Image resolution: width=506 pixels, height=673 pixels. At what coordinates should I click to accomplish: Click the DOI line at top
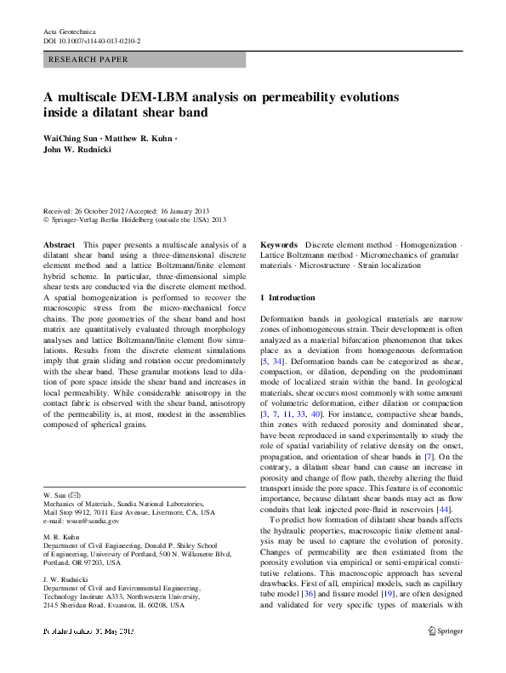pos(91,40)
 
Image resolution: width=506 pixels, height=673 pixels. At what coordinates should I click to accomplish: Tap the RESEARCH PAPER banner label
pos(89,60)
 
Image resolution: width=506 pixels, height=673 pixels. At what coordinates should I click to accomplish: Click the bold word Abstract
pos(58,243)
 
